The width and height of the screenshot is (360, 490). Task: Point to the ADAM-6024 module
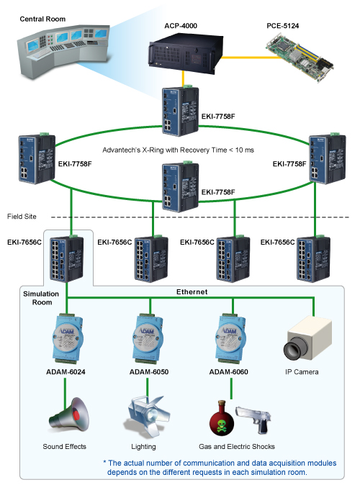coord(67,338)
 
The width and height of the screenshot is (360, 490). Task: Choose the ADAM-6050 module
coord(148,338)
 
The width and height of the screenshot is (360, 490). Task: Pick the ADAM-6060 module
coord(231,338)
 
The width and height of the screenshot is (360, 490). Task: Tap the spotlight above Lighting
coord(148,416)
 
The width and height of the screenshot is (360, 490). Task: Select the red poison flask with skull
coord(222,418)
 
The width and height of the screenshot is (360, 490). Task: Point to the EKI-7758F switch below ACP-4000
coord(180,111)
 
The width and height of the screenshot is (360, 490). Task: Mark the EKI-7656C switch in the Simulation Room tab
coord(66,259)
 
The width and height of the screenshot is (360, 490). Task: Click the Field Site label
coord(22,217)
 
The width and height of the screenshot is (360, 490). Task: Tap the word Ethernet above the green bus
coord(192,291)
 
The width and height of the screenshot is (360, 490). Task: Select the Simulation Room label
coord(41,298)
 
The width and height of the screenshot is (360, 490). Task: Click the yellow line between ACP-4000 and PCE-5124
coord(246,57)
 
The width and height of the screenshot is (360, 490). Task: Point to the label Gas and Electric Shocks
coord(237,446)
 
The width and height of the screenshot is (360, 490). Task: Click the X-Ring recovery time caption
coord(179,150)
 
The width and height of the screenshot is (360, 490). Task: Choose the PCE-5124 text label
coord(283,26)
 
